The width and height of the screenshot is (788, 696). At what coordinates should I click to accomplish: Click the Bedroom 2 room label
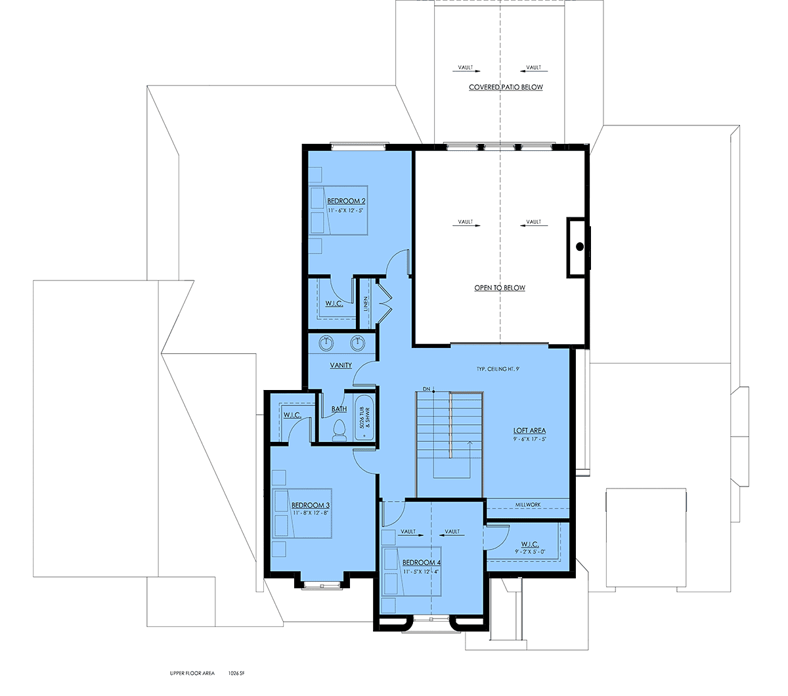(346, 201)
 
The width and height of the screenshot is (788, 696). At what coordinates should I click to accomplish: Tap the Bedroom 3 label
(311, 505)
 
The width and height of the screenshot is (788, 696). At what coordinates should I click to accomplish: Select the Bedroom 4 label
(421, 562)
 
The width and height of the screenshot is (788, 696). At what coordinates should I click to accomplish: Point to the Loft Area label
(529, 430)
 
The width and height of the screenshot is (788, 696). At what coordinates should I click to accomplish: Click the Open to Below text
(500, 288)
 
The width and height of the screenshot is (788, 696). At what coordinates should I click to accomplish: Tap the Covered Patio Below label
(506, 87)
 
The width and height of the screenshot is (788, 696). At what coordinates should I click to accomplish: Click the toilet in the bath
(339, 430)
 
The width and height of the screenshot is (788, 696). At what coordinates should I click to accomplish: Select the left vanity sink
(326, 343)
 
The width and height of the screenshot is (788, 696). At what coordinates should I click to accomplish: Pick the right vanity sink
(357, 343)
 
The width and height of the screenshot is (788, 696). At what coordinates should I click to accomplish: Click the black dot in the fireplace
(580, 246)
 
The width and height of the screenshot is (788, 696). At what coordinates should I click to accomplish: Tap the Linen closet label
(366, 303)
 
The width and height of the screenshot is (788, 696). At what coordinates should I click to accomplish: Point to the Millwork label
(528, 504)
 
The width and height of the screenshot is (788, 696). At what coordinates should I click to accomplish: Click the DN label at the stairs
(426, 389)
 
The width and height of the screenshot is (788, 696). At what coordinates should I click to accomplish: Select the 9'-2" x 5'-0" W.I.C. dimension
(529, 552)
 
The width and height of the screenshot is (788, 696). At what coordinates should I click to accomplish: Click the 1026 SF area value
(236, 673)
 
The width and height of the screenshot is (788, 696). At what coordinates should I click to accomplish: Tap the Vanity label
(341, 365)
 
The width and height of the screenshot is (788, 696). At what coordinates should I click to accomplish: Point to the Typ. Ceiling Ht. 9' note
(498, 369)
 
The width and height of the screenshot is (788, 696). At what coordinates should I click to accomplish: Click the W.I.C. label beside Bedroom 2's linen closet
(334, 303)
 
